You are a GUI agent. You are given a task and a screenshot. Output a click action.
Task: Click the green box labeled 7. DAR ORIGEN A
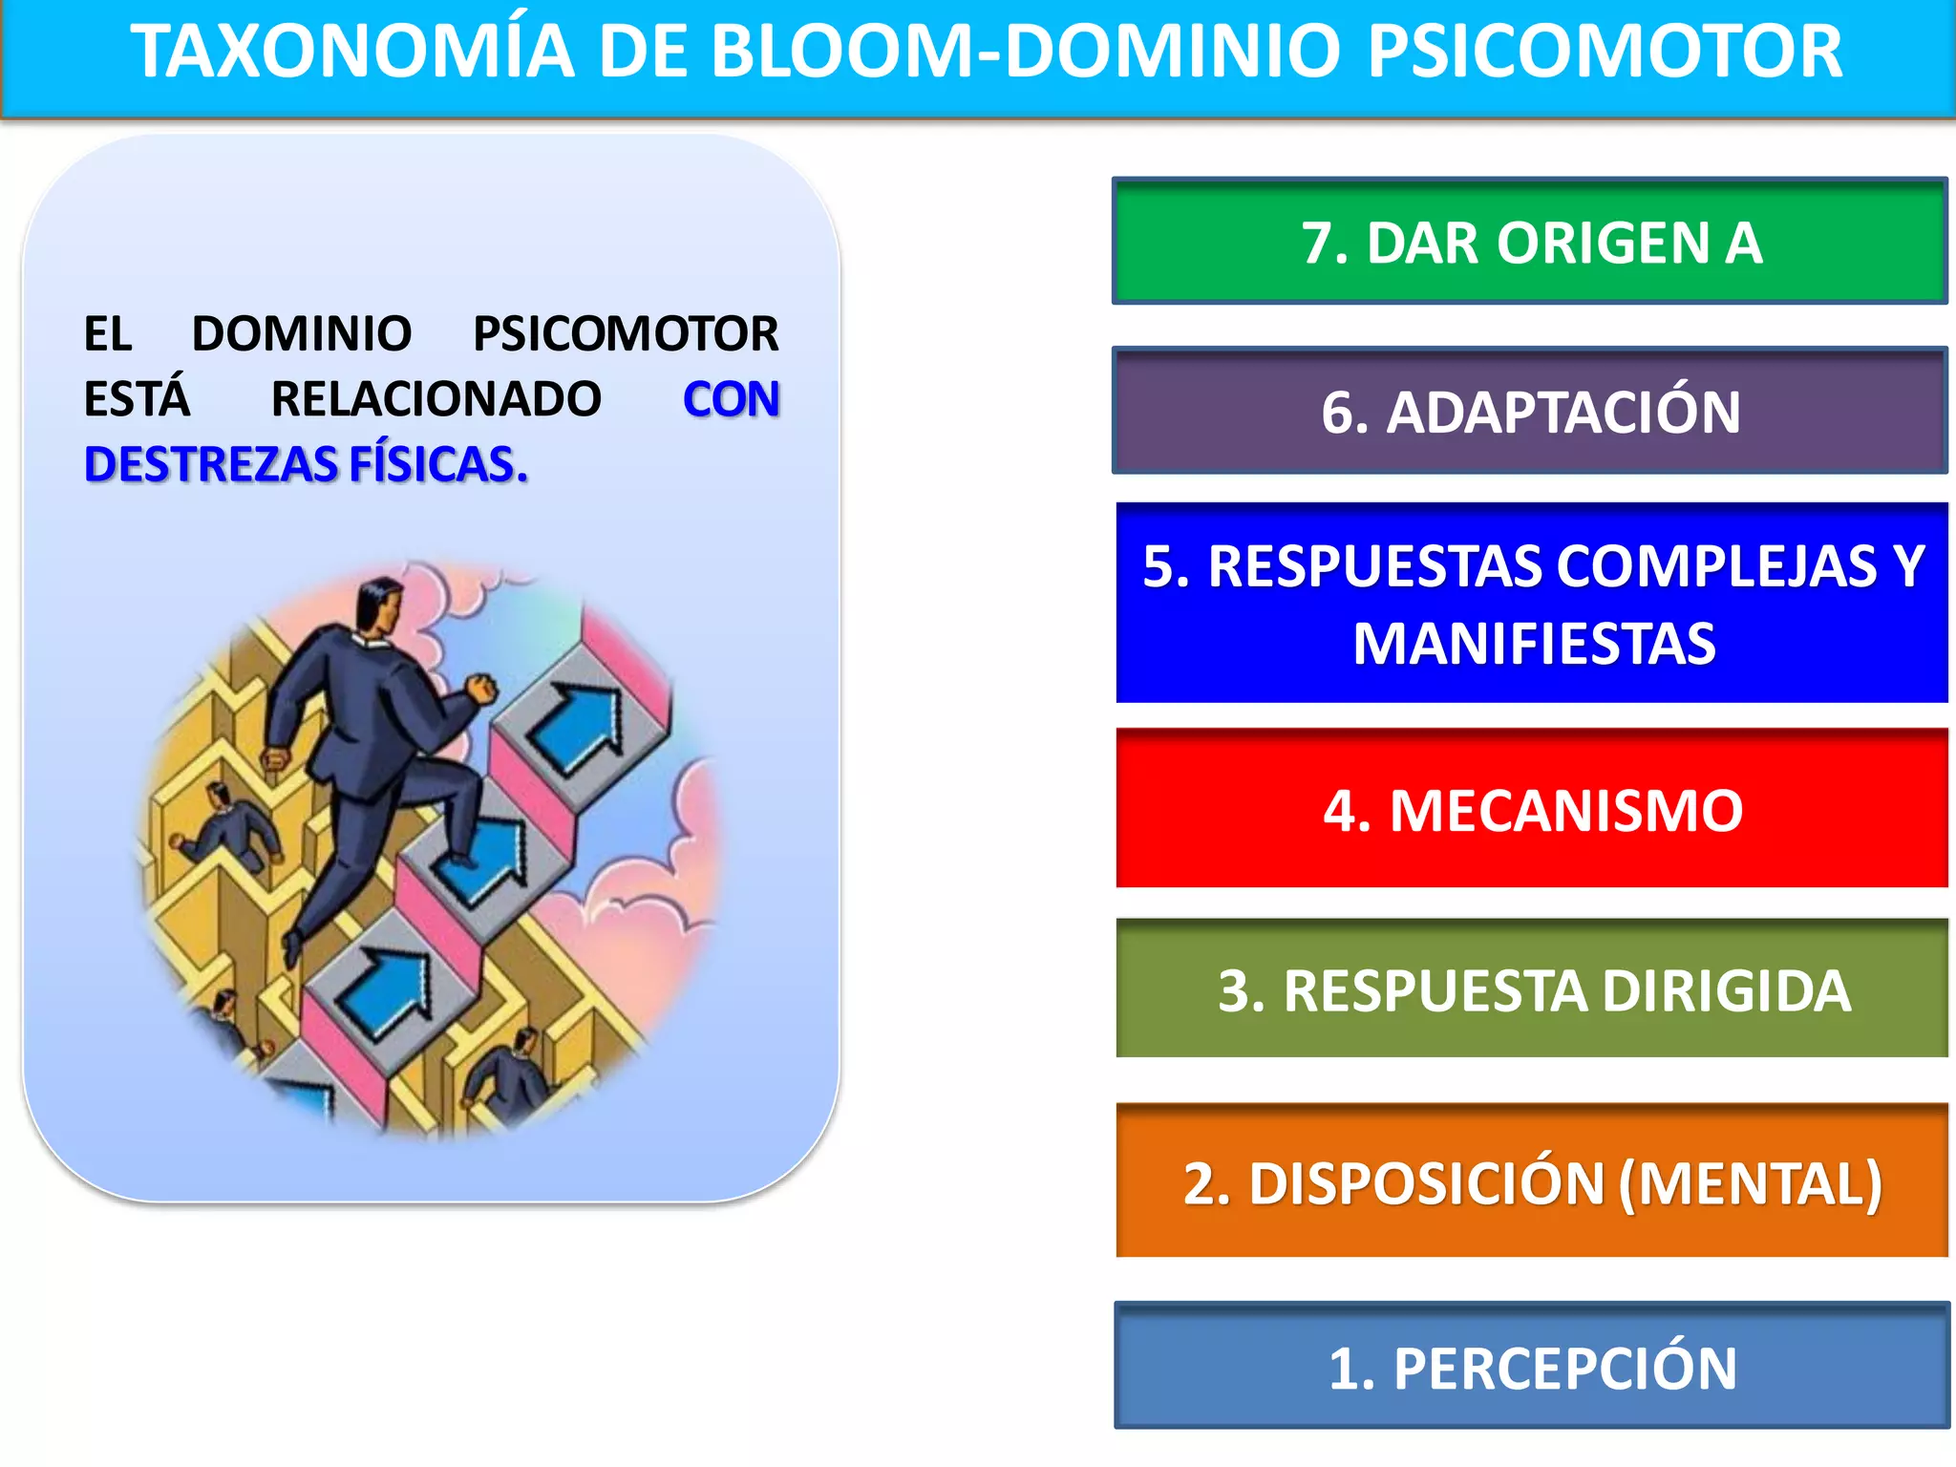(x=1530, y=241)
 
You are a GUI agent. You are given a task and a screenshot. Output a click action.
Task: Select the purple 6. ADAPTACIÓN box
(x=1530, y=411)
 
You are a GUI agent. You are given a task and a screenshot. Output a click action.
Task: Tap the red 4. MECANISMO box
(x=1532, y=809)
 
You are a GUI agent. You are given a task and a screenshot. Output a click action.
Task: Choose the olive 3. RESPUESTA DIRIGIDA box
(x=1532, y=989)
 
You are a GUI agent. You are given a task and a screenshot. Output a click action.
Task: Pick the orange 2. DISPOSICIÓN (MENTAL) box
(x=1532, y=1181)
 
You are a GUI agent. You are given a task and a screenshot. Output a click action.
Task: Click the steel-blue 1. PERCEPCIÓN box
(x=1532, y=1367)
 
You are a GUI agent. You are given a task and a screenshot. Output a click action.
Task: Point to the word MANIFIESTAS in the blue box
(x=1534, y=644)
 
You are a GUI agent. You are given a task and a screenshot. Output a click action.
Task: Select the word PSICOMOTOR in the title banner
(x=1605, y=52)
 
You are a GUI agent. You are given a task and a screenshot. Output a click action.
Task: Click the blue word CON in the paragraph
(x=731, y=399)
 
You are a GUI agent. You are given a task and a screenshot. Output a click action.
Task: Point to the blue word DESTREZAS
(x=211, y=465)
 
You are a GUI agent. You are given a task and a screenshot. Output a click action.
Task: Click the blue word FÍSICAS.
(x=438, y=465)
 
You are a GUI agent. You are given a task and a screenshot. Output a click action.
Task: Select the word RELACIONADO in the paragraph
(x=436, y=399)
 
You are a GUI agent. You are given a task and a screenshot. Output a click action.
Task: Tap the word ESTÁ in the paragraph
(x=137, y=399)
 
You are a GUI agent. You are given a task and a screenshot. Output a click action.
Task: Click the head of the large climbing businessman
(x=380, y=602)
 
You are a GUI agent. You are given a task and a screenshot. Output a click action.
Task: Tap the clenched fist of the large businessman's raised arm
(x=481, y=688)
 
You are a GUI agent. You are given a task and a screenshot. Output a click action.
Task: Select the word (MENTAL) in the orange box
(x=1750, y=1183)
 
